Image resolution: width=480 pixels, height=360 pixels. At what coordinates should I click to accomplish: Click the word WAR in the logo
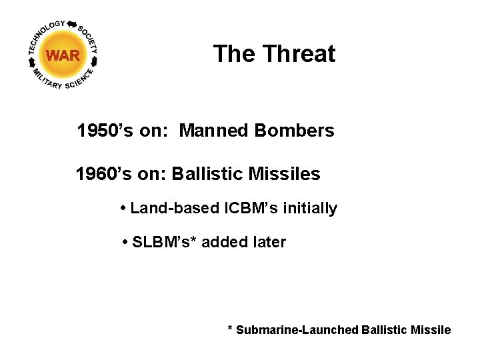pos(63,55)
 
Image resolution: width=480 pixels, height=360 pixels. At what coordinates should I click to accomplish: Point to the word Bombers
pos(294,131)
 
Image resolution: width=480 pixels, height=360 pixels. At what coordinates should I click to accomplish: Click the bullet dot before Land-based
pos(124,209)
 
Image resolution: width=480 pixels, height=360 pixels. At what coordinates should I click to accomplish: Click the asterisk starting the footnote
pos(230,329)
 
